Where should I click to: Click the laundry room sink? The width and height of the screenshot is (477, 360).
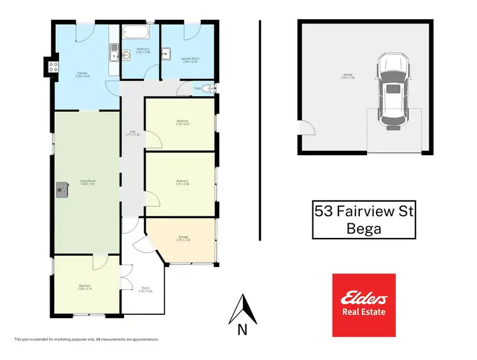[166, 54]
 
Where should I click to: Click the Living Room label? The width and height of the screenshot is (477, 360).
[87, 183]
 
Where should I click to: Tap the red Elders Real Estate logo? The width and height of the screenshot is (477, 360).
[364, 305]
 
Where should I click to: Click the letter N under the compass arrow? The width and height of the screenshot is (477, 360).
[242, 329]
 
